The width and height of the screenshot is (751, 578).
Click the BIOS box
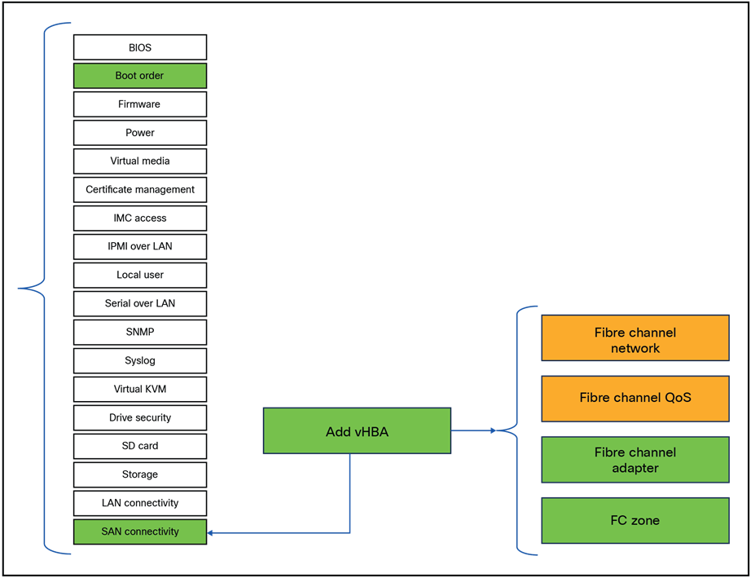[140, 47]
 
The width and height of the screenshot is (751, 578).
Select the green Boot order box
[140, 76]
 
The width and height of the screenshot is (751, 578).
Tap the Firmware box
[140, 104]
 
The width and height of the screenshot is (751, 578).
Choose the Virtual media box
[140, 161]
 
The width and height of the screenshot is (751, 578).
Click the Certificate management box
[140, 189]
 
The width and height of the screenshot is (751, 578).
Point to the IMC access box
[140, 218]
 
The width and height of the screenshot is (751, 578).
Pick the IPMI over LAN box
[140, 246]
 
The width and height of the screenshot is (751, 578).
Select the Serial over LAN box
[140, 303]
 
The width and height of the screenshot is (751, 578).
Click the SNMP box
[140, 332]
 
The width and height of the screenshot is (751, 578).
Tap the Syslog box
[140, 360]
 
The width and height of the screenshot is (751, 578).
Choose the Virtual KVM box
[140, 389]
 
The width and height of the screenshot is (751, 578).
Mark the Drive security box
[140, 417]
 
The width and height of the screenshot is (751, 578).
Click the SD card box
[140, 446]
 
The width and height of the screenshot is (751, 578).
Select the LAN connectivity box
[140, 503]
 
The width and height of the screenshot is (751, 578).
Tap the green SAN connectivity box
[140, 532]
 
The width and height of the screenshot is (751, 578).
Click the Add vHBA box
[357, 431]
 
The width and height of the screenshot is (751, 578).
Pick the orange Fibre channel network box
[635, 338]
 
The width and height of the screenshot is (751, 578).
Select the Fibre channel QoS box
[635, 399]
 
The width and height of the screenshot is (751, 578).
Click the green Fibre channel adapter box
[635, 460]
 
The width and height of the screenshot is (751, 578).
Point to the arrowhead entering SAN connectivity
[212, 533]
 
